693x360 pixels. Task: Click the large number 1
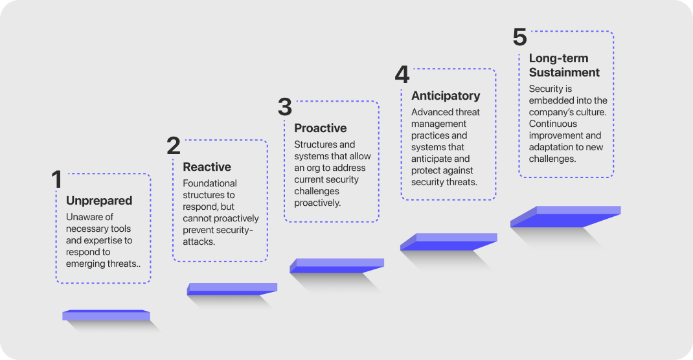click(56, 179)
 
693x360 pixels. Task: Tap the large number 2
click(174, 146)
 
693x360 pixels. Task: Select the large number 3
click(285, 107)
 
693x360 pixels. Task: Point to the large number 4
click(402, 74)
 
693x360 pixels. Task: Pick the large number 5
click(519, 37)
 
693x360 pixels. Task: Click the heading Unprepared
click(99, 201)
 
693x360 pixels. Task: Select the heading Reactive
click(207, 167)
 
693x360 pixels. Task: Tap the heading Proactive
click(321, 128)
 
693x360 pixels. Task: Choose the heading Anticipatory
click(446, 96)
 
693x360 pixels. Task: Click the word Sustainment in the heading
click(564, 73)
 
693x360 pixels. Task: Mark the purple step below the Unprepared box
click(106, 315)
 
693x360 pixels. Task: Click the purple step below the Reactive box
click(232, 289)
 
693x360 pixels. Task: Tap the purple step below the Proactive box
click(337, 265)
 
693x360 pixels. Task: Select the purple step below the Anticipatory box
click(449, 242)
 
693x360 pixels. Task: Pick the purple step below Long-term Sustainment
click(565, 216)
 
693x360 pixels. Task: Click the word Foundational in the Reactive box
click(209, 183)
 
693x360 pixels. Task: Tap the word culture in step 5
click(593, 112)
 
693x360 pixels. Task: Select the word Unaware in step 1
click(84, 217)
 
